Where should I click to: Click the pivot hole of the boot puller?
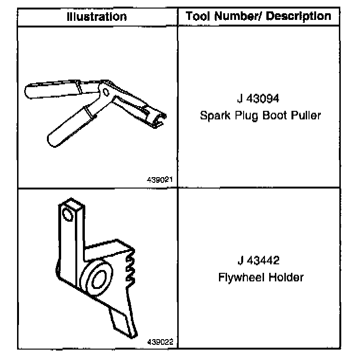[x=106, y=90]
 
